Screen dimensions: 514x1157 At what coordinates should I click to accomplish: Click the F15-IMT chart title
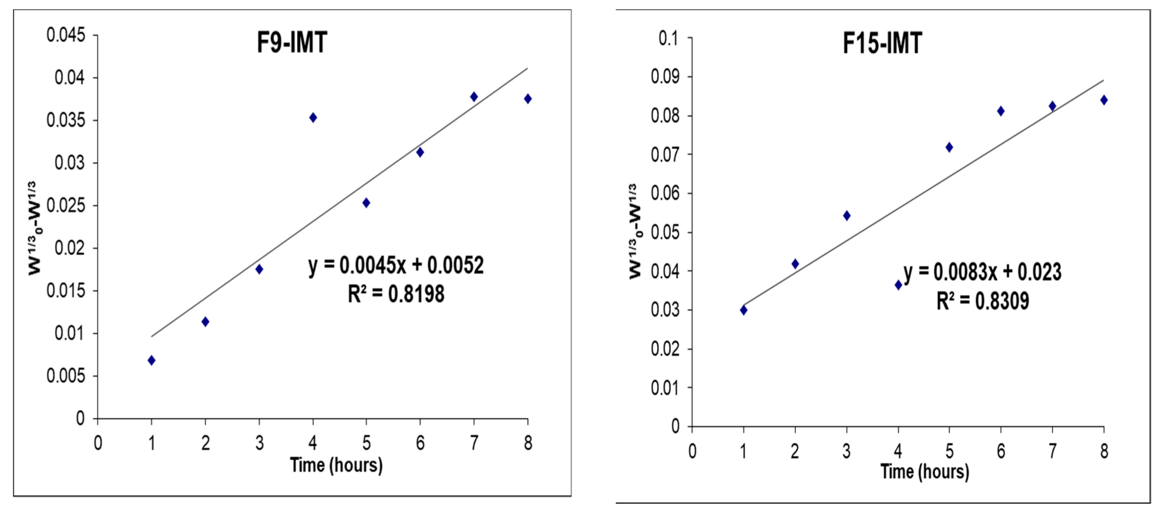coord(882,44)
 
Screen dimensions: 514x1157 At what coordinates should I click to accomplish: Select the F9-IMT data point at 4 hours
coord(313,118)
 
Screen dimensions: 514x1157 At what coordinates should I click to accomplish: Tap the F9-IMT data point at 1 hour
coord(151,360)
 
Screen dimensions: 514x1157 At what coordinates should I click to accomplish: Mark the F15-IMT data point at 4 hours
coord(898,284)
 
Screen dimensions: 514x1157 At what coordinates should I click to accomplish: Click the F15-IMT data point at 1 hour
coord(744,310)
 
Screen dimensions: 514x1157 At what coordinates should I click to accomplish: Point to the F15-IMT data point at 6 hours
coord(1001,111)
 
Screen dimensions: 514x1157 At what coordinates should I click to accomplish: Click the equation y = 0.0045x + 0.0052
coord(396,265)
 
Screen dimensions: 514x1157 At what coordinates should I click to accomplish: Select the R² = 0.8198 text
coord(396,294)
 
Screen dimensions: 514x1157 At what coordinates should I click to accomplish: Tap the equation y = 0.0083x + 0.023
coord(982,272)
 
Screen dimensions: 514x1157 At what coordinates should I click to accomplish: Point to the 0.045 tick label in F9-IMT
coord(66,35)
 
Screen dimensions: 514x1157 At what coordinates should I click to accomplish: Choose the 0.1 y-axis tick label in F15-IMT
coord(668,39)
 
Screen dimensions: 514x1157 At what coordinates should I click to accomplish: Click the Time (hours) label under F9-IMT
coord(336,465)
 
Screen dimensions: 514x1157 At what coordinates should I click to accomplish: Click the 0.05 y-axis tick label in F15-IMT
coord(665,232)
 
